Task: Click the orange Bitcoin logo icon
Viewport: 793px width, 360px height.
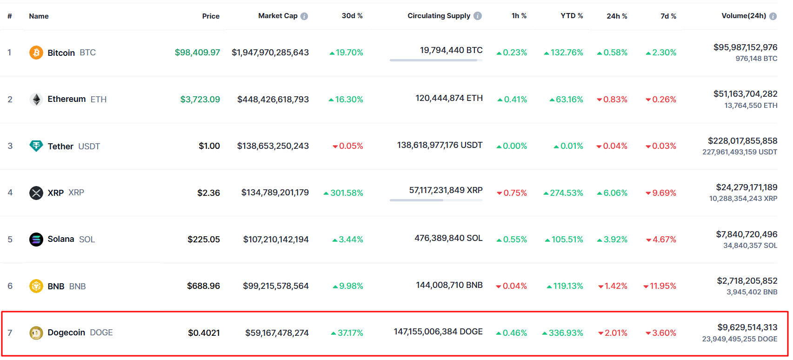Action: [36, 53]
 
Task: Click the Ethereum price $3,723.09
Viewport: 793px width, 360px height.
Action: [200, 100]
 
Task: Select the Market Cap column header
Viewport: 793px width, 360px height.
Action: [278, 16]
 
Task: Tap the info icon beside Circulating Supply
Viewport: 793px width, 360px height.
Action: [478, 16]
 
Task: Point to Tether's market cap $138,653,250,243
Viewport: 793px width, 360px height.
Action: [273, 146]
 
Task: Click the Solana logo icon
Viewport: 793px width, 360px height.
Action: [36, 240]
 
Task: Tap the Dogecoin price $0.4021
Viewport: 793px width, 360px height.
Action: [204, 333]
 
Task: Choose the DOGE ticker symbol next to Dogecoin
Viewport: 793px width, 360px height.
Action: [101, 333]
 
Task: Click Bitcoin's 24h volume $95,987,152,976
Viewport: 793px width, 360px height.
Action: [745, 47]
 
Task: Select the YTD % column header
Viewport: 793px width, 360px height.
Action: [572, 16]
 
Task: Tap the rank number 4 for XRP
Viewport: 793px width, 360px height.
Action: [10, 193]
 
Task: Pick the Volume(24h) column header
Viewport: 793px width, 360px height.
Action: [744, 16]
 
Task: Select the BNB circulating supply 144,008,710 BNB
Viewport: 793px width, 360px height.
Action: [449, 285]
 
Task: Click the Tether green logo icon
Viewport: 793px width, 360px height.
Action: [36, 146]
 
